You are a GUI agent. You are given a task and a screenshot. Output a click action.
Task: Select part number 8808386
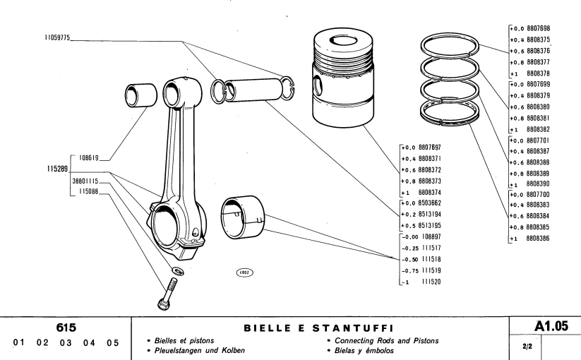(x=536, y=239)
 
